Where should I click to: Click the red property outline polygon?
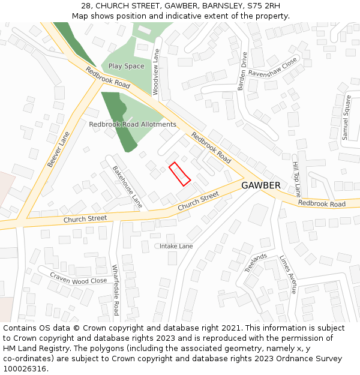click(x=179, y=173)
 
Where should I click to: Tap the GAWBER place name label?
click(x=260, y=185)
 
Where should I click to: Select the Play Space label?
click(x=126, y=66)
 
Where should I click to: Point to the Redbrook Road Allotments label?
click(x=133, y=124)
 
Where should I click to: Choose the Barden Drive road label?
click(x=242, y=71)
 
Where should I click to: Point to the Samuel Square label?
click(x=346, y=118)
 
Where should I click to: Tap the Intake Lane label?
click(x=176, y=246)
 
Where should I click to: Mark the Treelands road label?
click(x=256, y=263)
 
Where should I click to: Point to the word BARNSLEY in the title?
click(x=221, y=5)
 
